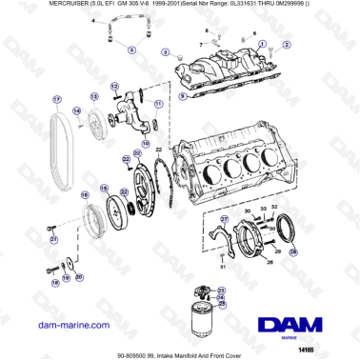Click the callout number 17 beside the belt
56,100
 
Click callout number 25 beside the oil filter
222,304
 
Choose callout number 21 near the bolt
53,241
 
